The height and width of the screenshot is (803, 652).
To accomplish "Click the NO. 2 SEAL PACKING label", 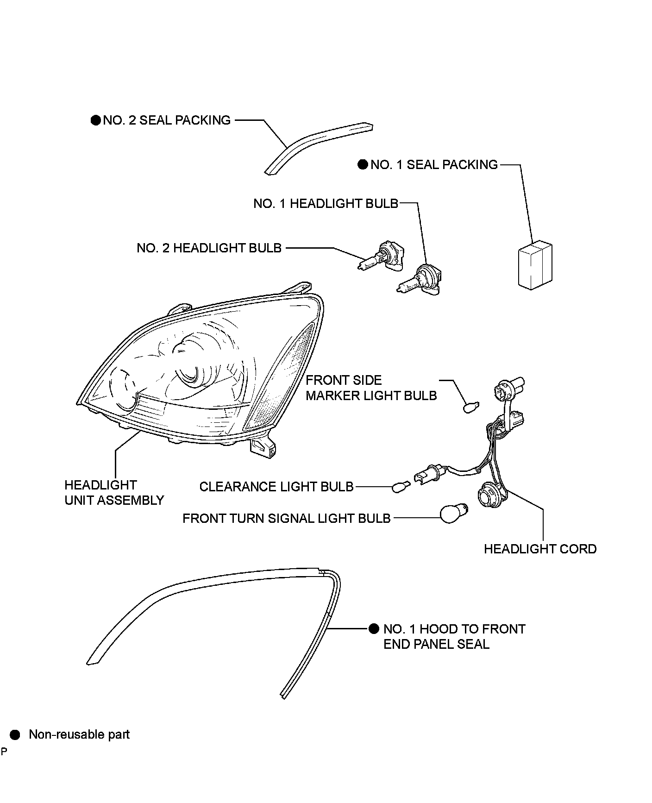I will click(166, 120).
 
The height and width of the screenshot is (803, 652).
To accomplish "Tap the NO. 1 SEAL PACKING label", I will click(434, 165).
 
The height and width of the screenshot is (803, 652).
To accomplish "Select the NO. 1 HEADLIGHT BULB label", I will click(326, 204).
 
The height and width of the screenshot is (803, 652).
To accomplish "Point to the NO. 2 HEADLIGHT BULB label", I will click(209, 248).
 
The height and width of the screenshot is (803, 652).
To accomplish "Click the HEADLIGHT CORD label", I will click(540, 549).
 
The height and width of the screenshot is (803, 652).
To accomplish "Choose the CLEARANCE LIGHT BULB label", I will click(276, 487).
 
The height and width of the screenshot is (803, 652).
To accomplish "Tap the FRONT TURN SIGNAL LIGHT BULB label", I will click(287, 518).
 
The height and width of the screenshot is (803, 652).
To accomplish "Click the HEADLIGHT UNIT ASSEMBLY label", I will click(114, 493).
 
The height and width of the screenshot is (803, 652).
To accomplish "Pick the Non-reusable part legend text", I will click(79, 734).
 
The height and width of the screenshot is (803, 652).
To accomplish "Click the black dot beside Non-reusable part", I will click(15, 735).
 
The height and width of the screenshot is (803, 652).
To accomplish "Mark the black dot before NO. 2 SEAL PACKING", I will click(95, 120).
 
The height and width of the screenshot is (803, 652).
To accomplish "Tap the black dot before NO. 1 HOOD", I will click(374, 629).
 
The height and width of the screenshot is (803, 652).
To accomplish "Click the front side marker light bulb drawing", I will click(471, 408).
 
